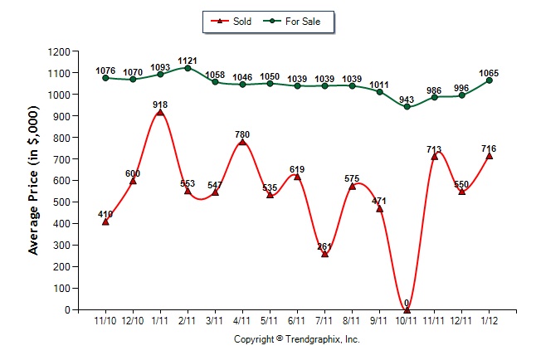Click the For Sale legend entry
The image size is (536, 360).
296,21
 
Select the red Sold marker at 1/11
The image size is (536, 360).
160,112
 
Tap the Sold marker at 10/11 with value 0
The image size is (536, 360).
407,309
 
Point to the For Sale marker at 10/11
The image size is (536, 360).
407,107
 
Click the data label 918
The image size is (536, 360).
160,104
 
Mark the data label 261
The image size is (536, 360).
324,246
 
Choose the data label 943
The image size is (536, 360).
407,99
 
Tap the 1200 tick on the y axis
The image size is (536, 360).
61,51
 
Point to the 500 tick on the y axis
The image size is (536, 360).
64,202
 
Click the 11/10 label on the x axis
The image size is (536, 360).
105,320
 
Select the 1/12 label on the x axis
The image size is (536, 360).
489,320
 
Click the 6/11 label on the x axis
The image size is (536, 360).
297,320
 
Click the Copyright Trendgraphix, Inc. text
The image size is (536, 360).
296,339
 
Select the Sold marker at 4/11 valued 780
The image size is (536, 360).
242,142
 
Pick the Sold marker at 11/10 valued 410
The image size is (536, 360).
105,221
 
